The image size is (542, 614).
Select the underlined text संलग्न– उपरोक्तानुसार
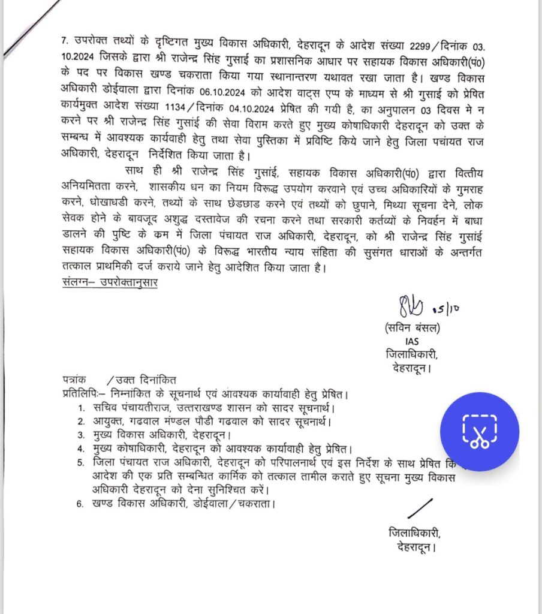tap(110, 282)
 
